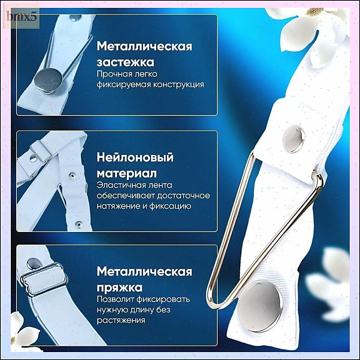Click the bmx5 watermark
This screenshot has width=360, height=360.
click(x=22, y=17)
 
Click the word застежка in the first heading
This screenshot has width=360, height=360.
click(x=125, y=62)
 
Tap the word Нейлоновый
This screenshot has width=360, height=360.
click(x=135, y=157)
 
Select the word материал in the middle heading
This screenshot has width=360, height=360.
click(x=127, y=173)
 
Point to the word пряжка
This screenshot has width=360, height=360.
click(x=119, y=288)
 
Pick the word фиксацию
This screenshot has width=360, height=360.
click(x=170, y=206)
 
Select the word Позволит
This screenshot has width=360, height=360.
click(x=115, y=299)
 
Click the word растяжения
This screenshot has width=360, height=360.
click(x=121, y=320)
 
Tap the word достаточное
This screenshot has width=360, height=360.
click(x=184, y=196)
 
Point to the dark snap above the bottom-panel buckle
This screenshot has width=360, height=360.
click(x=33, y=263)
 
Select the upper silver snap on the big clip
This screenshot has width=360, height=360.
click(x=294, y=139)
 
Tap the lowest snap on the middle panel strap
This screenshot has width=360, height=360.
click(x=79, y=224)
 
